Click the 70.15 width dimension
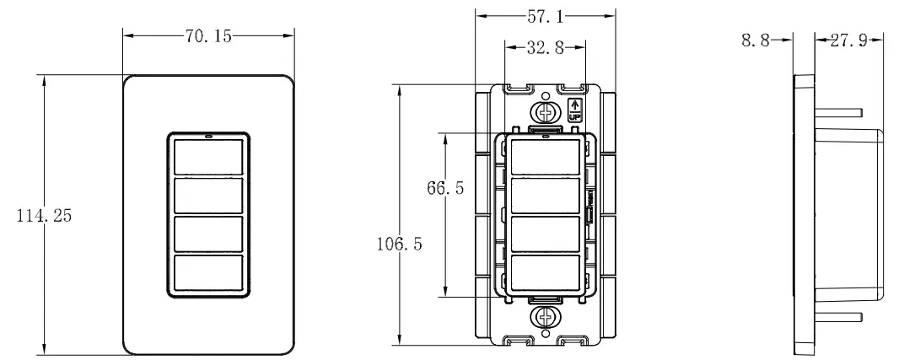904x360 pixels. (x=208, y=36)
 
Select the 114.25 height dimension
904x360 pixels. (x=45, y=216)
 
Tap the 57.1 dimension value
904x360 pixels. (x=545, y=15)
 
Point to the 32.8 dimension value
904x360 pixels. (x=545, y=48)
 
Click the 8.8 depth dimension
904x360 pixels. (x=755, y=40)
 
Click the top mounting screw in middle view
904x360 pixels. (x=545, y=113)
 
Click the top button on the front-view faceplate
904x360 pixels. (x=208, y=157)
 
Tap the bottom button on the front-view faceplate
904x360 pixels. (x=208, y=272)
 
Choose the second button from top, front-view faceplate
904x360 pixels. (x=208, y=196)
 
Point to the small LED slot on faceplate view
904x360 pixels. (x=208, y=135)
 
